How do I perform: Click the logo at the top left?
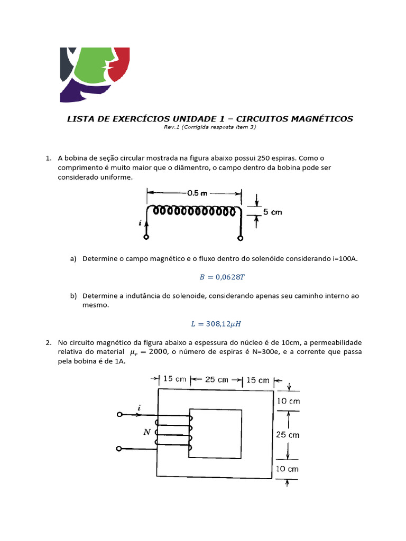point(95,74)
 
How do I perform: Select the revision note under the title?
point(210,128)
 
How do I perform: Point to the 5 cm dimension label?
point(272,212)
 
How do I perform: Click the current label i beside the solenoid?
point(140,223)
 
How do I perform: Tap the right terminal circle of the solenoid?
point(241,238)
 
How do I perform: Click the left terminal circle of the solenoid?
point(146,238)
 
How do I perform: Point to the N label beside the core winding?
point(146,432)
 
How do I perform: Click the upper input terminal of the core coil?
point(119,415)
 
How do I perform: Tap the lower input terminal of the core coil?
point(119,449)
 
